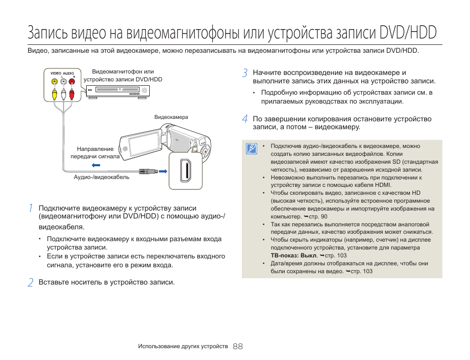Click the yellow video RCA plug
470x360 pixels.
[x=54, y=92]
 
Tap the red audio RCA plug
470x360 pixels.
[x=72, y=92]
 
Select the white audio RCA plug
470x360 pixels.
[x=63, y=92]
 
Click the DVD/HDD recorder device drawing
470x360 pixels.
[x=119, y=91]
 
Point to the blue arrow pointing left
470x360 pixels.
[x=96, y=165]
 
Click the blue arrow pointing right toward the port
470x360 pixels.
[x=162, y=171]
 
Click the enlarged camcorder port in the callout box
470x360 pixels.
[x=186, y=171]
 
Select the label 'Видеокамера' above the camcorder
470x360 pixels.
[x=171, y=117]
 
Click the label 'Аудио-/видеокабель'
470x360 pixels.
[x=101, y=178]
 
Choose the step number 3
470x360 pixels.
[x=244, y=73]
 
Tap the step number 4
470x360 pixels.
[x=244, y=119]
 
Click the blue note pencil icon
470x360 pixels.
[x=252, y=148]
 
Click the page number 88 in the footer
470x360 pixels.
[x=238, y=346]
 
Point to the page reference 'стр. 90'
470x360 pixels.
[x=318, y=216]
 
